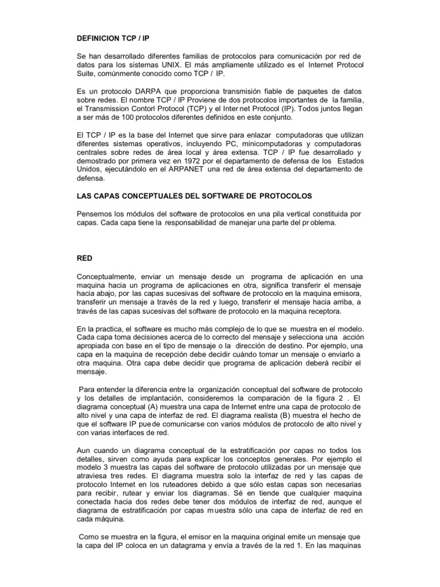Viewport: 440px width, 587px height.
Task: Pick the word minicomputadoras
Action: pyautogui.click(x=272, y=143)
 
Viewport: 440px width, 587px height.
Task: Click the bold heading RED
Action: pyautogui.click(x=85, y=259)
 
